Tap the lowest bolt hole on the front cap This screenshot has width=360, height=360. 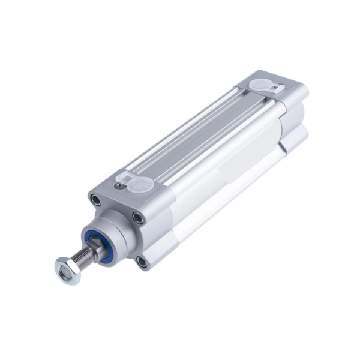(142, 262)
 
